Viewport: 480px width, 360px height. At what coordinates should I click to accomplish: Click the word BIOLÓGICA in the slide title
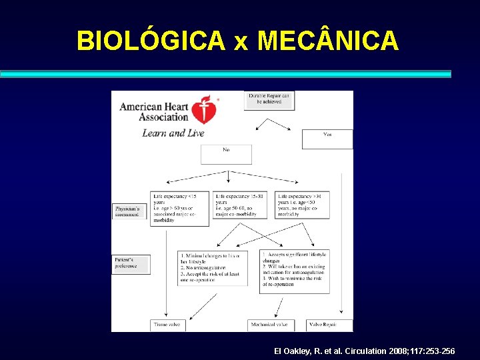pyautogui.click(x=151, y=41)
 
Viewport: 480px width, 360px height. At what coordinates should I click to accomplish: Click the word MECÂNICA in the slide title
pyautogui.click(x=328, y=41)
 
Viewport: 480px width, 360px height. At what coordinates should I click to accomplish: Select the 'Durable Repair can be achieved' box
pyautogui.click(x=269, y=100)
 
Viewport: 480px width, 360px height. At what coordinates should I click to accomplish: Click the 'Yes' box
pyautogui.click(x=327, y=139)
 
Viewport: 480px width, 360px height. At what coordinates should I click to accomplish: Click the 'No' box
pyautogui.click(x=226, y=154)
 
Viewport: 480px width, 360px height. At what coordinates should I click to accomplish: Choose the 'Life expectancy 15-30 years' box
pyautogui.click(x=240, y=205)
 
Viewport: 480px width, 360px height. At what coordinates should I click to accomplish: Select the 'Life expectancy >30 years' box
pyautogui.click(x=303, y=205)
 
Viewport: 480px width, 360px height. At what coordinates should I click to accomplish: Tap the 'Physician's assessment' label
pyautogui.click(x=129, y=211)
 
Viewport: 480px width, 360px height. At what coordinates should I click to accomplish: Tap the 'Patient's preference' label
pyautogui.click(x=130, y=263)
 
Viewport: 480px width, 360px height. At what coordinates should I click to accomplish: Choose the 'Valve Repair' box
pyautogui.click(x=328, y=325)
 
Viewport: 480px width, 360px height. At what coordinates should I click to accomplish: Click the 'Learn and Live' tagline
pyautogui.click(x=173, y=133)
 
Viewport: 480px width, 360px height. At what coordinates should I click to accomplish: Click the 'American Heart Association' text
pyautogui.click(x=154, y=111)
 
